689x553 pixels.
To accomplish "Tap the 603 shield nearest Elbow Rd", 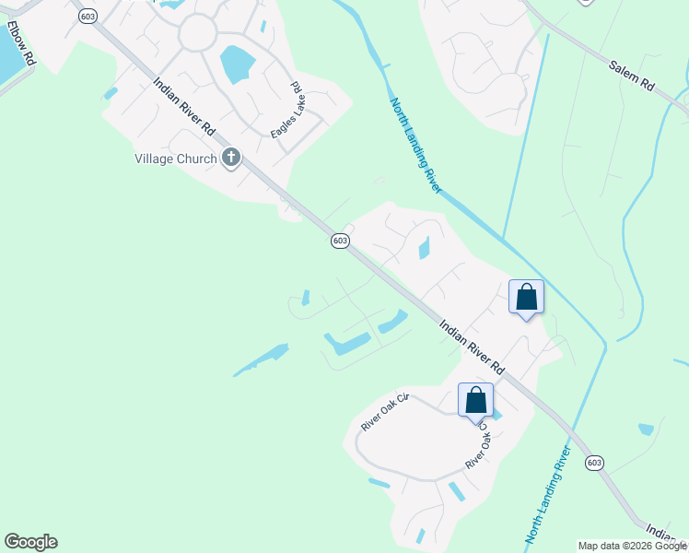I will [88, 18].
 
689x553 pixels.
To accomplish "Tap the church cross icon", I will [230, 159].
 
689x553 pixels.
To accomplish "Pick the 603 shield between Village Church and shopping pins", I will [340, 241].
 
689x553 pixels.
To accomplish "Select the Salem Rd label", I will [632, 75].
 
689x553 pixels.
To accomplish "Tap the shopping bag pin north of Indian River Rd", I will [526, 298].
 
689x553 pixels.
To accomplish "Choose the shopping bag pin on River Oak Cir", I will [476, 401].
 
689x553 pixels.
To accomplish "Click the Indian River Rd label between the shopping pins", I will [472, 346].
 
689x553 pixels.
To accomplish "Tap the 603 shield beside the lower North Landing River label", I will [594, 462].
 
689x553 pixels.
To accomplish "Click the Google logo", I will [30, 542].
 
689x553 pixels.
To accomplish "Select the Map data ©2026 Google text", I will [632, 546].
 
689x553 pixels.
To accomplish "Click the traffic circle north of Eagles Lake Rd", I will [197, 34].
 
